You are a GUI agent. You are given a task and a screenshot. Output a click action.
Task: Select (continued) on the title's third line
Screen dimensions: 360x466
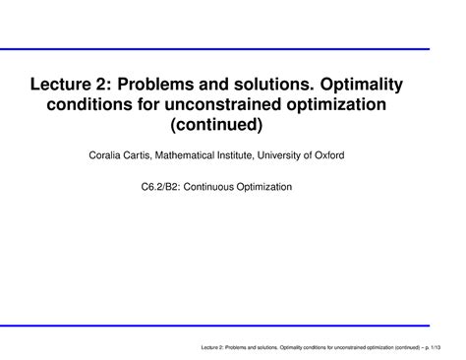pos(233,127)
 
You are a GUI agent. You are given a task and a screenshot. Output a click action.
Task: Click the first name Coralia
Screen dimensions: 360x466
pos(94,155)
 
